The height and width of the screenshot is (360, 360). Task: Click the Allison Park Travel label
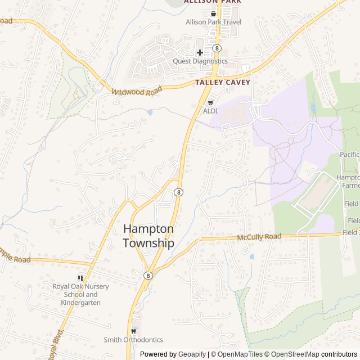(x=213, y=22)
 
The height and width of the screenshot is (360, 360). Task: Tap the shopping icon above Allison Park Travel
(x=213, y=13)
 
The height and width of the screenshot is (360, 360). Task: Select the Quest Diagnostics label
(x=200, y=61)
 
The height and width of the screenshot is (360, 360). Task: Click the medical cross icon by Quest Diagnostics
(x=200, y=52)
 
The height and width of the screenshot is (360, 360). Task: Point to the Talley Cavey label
(x=223, y=82)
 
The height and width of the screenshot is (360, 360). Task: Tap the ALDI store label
(x=210, y=111)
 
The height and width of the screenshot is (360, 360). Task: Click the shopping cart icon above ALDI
(x=210, y=102)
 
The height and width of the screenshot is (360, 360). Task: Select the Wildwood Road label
(x=133, y=91)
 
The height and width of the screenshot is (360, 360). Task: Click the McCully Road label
(x=259, y=237)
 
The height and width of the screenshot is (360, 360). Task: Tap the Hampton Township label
(x=148, y=236)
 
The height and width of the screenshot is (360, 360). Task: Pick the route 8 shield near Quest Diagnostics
(x=217, y=48)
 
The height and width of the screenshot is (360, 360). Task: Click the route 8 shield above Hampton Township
(x=178, y=192)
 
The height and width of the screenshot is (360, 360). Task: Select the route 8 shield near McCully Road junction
(x=148, y=275)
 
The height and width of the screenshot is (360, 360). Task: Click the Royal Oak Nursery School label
(x=81, y=294)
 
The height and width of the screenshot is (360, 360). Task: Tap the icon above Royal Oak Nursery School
(x=81, y=278)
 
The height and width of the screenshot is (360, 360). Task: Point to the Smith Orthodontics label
(x=133, y=340)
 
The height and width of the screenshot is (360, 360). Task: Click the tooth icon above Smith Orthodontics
(x=133, y=331)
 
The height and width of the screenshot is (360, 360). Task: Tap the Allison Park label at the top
(x=213, y=2)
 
